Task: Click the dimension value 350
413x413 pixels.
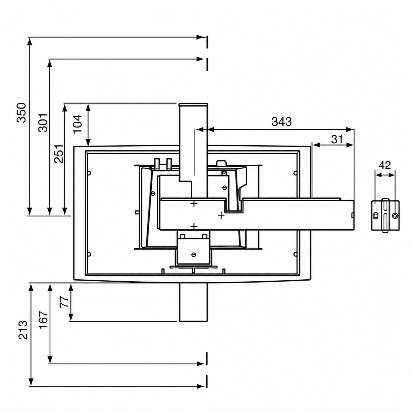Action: (21, 113)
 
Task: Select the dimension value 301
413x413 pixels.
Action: (42, 123)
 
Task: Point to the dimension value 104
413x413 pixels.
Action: (77, 124)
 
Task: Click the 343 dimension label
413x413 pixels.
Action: (281, 122)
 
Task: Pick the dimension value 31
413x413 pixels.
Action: (337, 139)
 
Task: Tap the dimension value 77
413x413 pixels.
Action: (64, 302)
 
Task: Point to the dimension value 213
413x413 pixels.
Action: (23, 330)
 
